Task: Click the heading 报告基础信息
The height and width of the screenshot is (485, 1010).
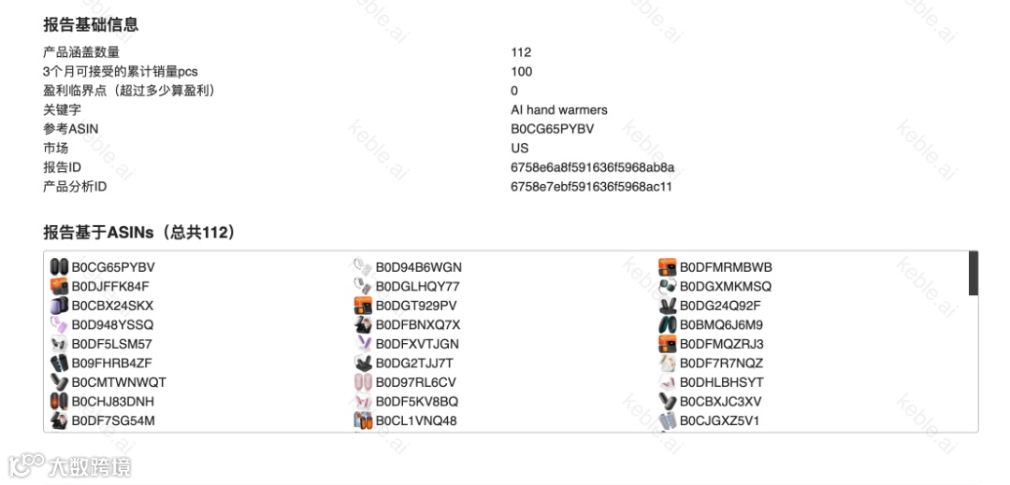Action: tap(91, 25)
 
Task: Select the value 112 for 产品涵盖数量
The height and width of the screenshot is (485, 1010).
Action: tap(521, 52)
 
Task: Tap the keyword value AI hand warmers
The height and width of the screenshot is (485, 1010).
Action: tap(558, 110)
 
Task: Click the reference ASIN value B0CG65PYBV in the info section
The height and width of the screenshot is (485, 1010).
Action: tap(552, 129)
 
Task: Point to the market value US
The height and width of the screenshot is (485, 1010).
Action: tap(519, 149)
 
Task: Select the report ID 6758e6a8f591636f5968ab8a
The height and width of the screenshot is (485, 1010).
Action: tap(592, 167)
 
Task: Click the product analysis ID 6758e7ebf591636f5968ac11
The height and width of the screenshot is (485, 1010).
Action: tap(591, 187)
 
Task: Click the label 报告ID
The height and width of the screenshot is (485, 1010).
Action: tap(62, 167)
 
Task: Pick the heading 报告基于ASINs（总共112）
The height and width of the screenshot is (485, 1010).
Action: tap(139, 233)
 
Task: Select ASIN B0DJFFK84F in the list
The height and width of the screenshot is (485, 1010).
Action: tap(110, 286)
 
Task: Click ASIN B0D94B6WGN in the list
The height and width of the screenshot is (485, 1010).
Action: tap(418, 267)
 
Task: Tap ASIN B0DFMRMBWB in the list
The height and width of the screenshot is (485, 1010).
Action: tap(726, 267)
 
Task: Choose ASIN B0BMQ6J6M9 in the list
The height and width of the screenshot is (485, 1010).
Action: tap(721, 325)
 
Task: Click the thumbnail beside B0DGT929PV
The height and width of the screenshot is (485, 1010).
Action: tap(363, 306)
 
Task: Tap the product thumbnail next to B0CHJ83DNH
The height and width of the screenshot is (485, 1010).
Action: tap(59, 402)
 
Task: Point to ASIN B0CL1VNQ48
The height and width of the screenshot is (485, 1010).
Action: tap(416, 421)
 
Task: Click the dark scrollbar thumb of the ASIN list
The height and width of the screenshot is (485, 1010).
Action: tap(974, 273)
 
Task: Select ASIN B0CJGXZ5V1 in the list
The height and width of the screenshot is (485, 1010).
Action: tap(719, 421)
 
